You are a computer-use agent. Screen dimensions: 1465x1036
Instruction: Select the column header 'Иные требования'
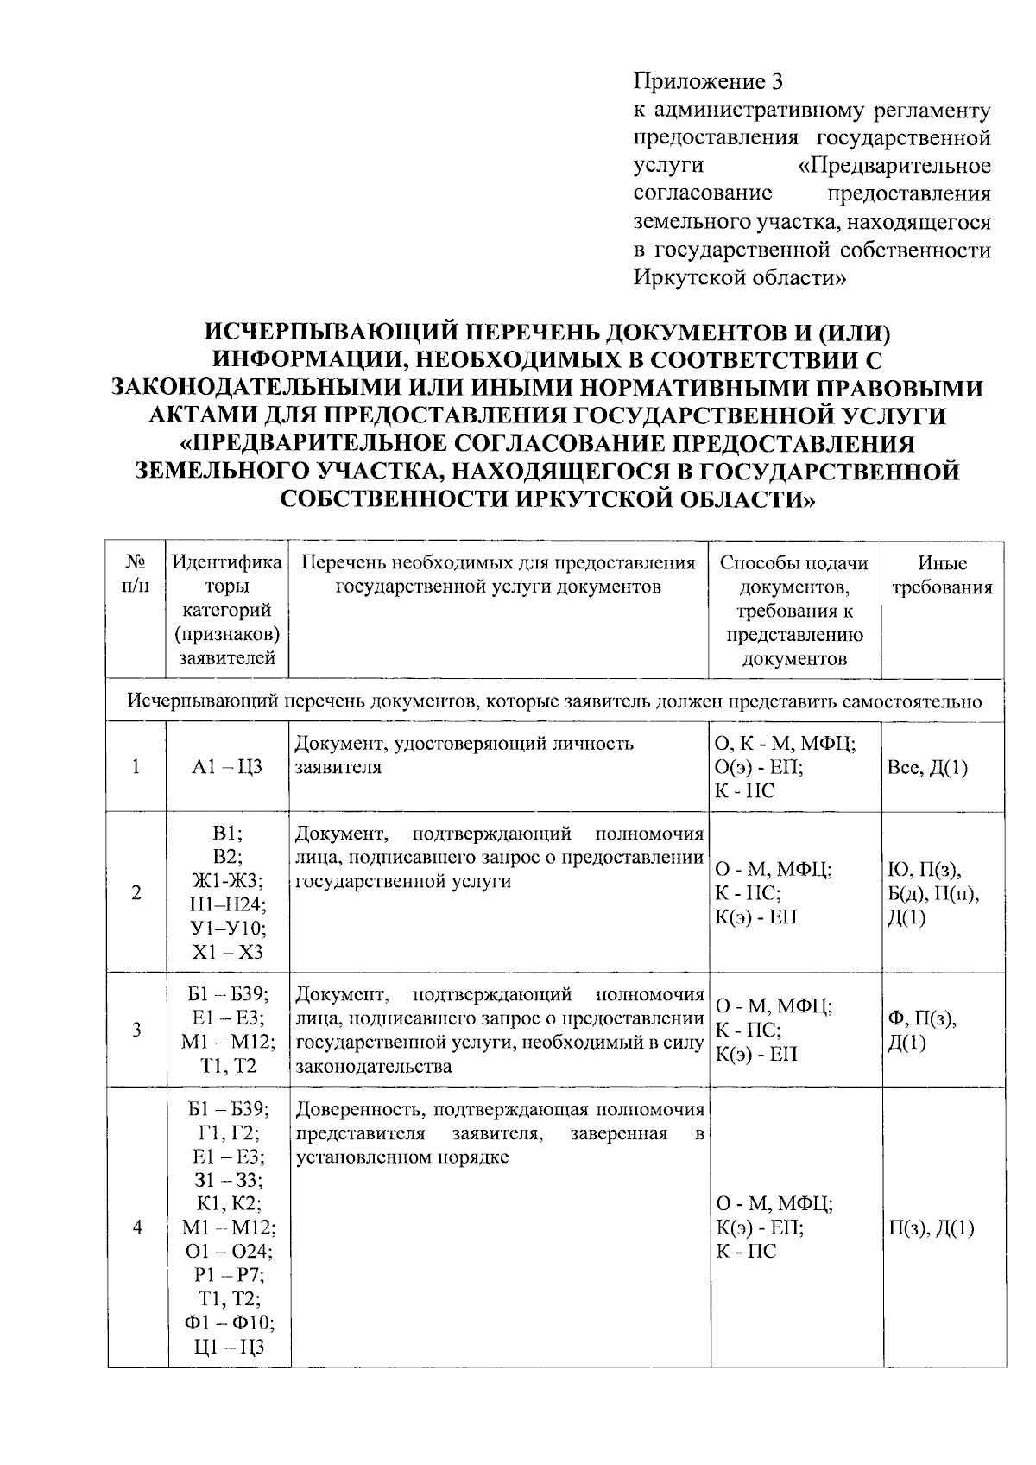click(x=942, y=575)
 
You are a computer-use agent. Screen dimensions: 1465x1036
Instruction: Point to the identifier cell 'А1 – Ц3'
click(x=227, y=767)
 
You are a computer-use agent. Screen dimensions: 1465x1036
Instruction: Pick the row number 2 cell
click(x=136, y=893)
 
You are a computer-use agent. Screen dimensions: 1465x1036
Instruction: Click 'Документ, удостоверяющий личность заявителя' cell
click(x=464, y=754)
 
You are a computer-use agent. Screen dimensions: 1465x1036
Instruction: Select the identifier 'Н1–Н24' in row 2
click(x=227, y=904)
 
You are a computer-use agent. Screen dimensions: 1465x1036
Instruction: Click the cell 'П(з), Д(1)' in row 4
click(x=931, y=1227)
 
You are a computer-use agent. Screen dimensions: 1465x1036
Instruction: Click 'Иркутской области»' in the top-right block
click(x=740, y=278)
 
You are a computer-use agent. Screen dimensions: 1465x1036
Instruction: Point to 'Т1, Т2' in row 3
click(x=228, y=1067)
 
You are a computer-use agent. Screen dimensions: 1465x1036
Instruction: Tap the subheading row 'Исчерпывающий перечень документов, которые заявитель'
click(x=554, y=701)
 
